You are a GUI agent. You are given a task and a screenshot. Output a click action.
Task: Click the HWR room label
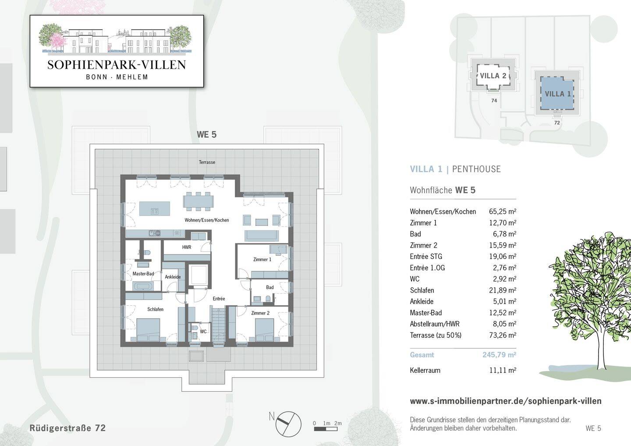[187, 247]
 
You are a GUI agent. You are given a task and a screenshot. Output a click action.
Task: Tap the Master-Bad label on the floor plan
[143, 274]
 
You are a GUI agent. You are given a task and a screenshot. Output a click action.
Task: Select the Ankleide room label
[173, 277]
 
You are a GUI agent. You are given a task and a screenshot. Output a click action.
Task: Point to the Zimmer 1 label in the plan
[262, 259]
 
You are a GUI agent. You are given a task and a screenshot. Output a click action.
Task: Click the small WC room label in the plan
[203, 332]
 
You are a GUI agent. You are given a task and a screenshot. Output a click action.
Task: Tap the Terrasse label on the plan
[207, 162]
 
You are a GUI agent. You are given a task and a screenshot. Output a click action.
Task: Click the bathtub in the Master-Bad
[143, 287]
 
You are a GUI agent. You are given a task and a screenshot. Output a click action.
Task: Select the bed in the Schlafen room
[148, 330]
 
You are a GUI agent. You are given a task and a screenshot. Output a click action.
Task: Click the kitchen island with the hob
[155, 209]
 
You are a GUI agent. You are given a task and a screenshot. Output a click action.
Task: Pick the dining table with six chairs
[199, 202]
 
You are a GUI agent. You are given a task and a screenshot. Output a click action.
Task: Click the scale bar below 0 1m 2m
[326, 429]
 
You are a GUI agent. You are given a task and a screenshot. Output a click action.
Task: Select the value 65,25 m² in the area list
[503, 212]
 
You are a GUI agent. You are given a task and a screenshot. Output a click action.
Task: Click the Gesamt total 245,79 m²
[499, 355]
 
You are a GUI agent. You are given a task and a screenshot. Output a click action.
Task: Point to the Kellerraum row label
[425, 370]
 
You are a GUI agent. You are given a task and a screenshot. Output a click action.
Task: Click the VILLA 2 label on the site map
[493, 76]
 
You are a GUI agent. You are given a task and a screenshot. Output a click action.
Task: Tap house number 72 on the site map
[557, 123]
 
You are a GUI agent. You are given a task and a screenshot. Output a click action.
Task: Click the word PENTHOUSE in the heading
[476, 169]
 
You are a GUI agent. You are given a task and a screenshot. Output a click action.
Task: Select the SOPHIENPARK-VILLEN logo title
[117, 65]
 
